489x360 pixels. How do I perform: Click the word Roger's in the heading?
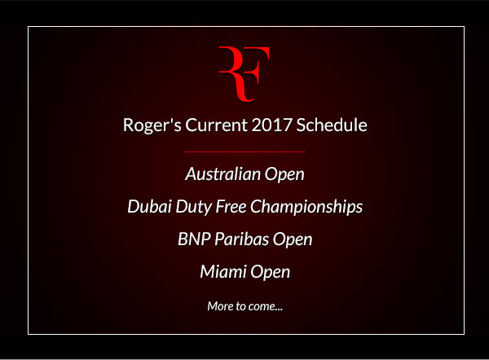[152, 125]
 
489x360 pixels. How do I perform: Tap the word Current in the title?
[217, 125]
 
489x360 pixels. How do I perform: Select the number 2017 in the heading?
[271, 125]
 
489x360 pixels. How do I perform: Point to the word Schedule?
[332, 125]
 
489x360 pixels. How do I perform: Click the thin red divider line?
[244, 151]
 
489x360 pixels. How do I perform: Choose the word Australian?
[222, 174]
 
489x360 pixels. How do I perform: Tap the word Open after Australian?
[284, 175]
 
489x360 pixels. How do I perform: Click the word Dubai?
[149, 207]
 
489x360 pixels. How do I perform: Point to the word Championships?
[306, 207]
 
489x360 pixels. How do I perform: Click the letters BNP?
[194, 239]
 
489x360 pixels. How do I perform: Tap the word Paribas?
[242, 239]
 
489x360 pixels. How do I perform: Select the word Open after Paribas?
[293, 240]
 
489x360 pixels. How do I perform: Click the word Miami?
[223, 271]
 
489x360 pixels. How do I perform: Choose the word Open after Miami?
[270, 272]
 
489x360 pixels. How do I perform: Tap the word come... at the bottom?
[266, 307]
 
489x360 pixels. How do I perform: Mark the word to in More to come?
[240, 306]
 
